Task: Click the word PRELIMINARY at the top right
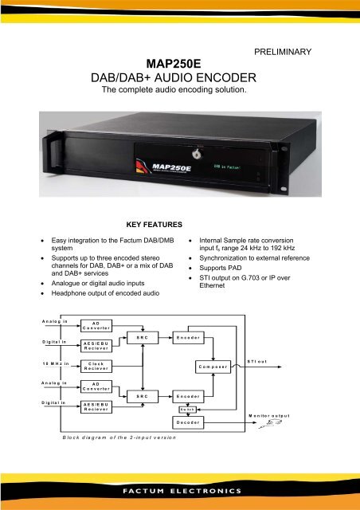click(282, 52)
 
